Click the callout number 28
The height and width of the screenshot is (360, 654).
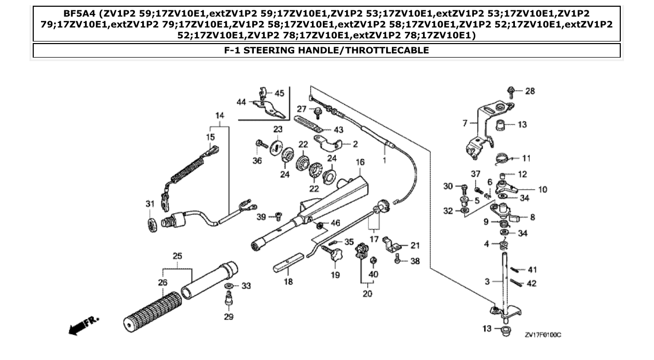[x=529, y=91]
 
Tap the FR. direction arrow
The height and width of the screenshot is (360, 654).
[x=83, y=325]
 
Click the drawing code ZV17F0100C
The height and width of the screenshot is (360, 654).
[x=543, y=335]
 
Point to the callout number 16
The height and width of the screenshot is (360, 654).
[x=360, y=162]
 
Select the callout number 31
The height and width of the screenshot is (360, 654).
[x=149, y=204]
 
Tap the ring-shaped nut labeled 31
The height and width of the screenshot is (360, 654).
[x=153, y=224]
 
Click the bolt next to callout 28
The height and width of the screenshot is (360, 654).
[x=511, y=92]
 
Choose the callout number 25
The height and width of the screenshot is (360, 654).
[x=178, y=256]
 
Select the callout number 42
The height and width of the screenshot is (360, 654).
[x=532, y=284]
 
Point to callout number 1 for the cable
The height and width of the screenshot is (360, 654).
[x=385, y=160]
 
